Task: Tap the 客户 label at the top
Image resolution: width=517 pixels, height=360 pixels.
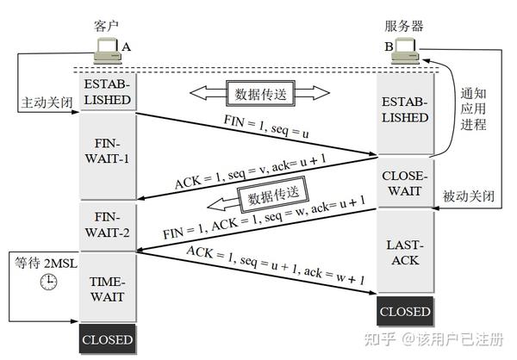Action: [x=105, y=27]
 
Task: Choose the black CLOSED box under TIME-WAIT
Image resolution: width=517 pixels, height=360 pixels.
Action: [x=108, y=339]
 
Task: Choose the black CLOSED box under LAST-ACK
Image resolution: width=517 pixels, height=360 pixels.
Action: [x=404, y=310]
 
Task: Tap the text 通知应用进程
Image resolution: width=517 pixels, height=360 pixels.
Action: [x=474, y=109]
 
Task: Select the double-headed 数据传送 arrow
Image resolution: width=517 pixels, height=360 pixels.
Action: [x=259, y=91]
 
